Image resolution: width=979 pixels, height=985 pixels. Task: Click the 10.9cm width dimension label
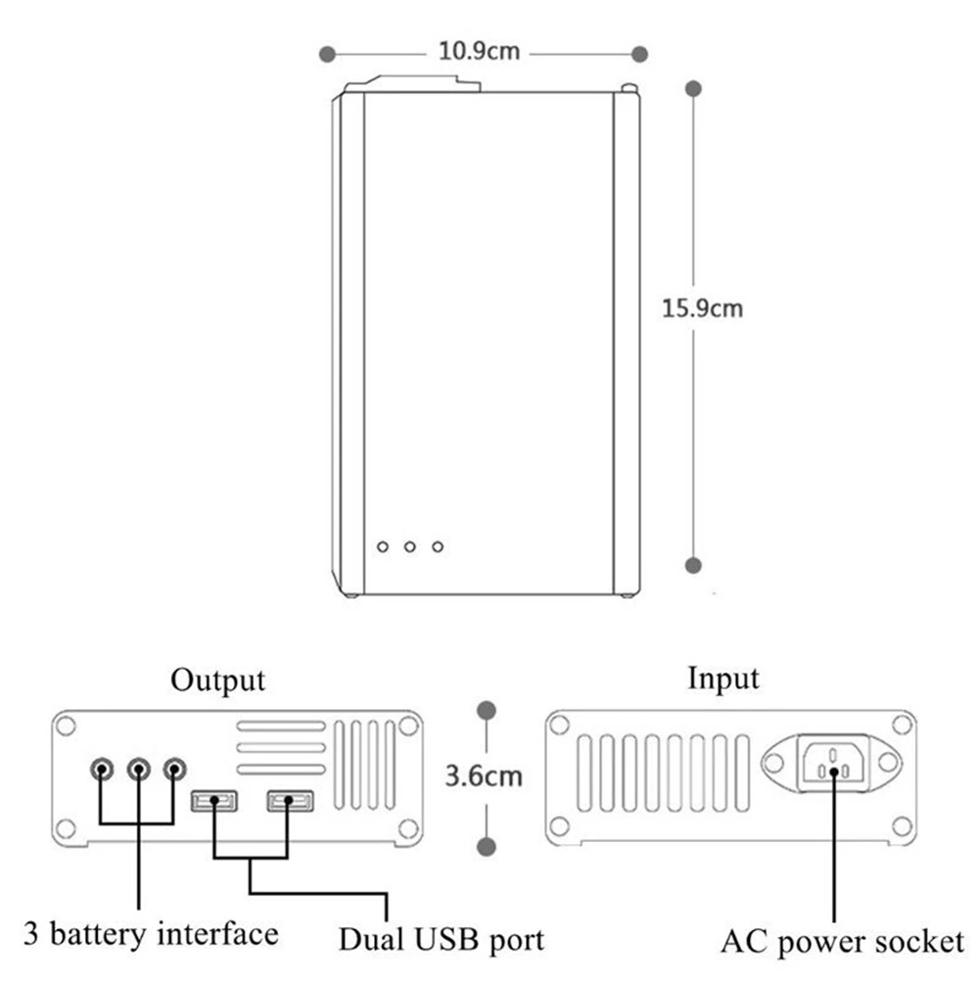[x=479, y=51]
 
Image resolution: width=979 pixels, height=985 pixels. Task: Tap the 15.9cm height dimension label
[x=702, y=307]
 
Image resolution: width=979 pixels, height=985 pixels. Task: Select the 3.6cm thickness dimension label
[x=484, y=775]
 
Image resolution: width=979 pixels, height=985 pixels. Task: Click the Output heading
[x=218, y=680]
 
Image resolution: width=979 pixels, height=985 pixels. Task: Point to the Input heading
[x=723, y=680]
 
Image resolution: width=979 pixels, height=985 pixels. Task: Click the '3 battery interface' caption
[x=151, y=933]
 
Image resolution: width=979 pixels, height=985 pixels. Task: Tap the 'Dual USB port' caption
[x=442, y=939]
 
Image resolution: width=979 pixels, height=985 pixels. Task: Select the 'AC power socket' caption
[x=842, y=942]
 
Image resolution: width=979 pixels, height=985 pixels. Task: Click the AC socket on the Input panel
[x=833, y=764]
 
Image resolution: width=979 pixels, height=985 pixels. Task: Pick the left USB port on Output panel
[x=214, y=801]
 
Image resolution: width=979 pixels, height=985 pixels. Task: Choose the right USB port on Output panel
[x=290, y=801]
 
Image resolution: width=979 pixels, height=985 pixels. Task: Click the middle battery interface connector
[x=138, y=769]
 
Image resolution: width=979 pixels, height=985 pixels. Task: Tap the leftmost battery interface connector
[x=102, y=769]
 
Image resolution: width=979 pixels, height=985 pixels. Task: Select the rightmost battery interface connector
[x=174, y=769]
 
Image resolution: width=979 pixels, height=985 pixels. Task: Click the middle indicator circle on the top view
[x=409, y=547]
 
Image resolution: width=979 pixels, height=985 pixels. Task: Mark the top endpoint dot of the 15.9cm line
[x=693, y=89]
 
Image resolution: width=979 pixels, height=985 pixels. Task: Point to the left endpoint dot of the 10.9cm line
[x=327, y=55]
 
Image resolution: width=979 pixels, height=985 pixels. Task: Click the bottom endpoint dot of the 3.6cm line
[x=487, y=847]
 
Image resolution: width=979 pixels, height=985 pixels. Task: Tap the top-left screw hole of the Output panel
[x=66, y=727]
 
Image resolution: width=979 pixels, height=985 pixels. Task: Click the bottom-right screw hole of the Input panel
[x=902, y=826]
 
